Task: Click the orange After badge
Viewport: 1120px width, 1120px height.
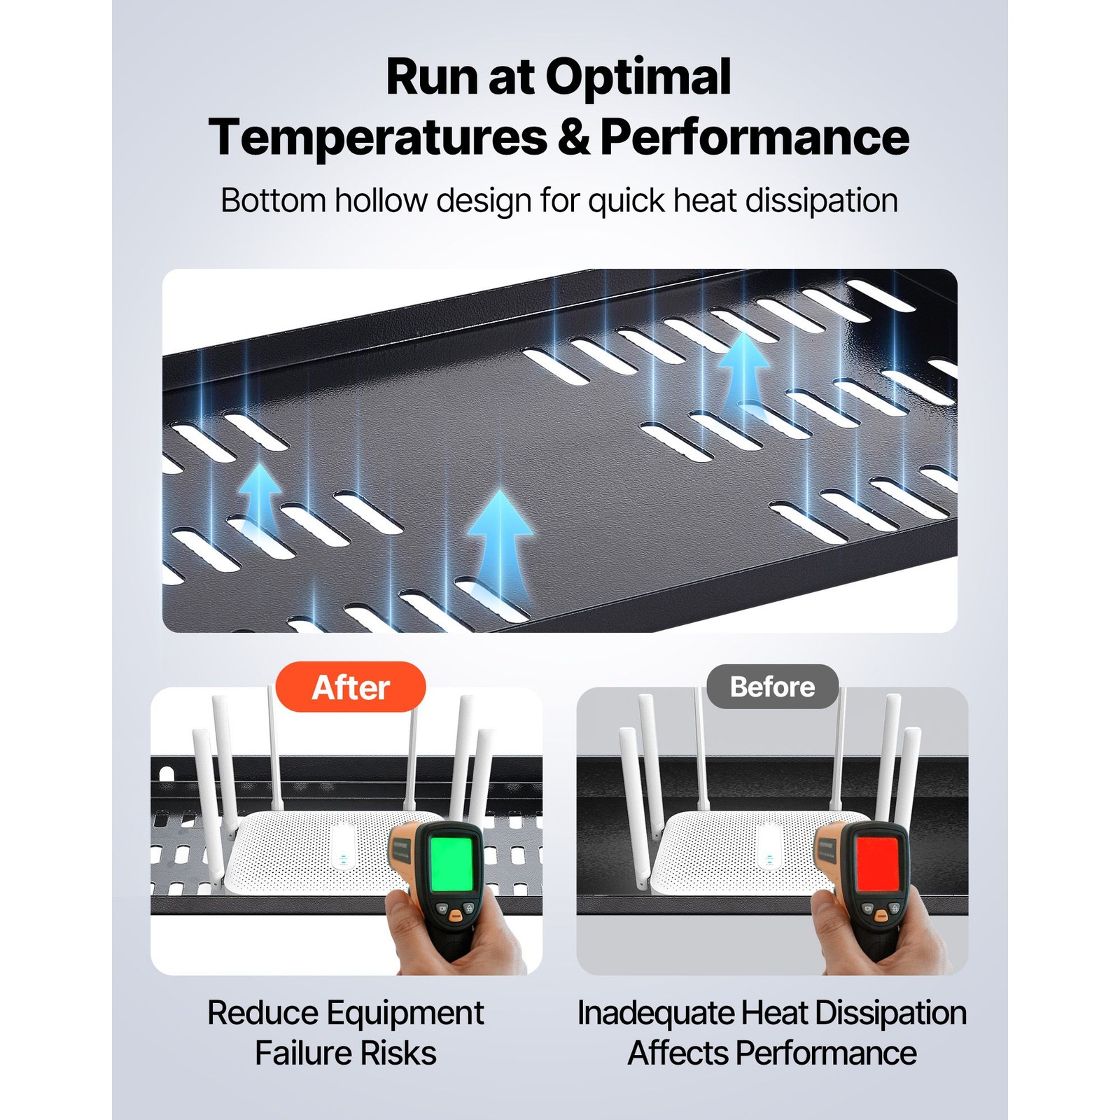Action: (351, 687)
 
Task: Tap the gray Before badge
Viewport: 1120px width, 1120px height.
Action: (772, 687)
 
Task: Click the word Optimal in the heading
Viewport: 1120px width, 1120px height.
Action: (638, 78)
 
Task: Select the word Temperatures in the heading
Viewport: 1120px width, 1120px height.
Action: (378, 136)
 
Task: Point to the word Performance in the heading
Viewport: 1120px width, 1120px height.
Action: (755, 136)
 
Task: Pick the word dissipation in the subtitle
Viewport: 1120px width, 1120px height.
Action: (821, 202)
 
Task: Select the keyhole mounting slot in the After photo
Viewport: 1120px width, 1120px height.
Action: (167, 774)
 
